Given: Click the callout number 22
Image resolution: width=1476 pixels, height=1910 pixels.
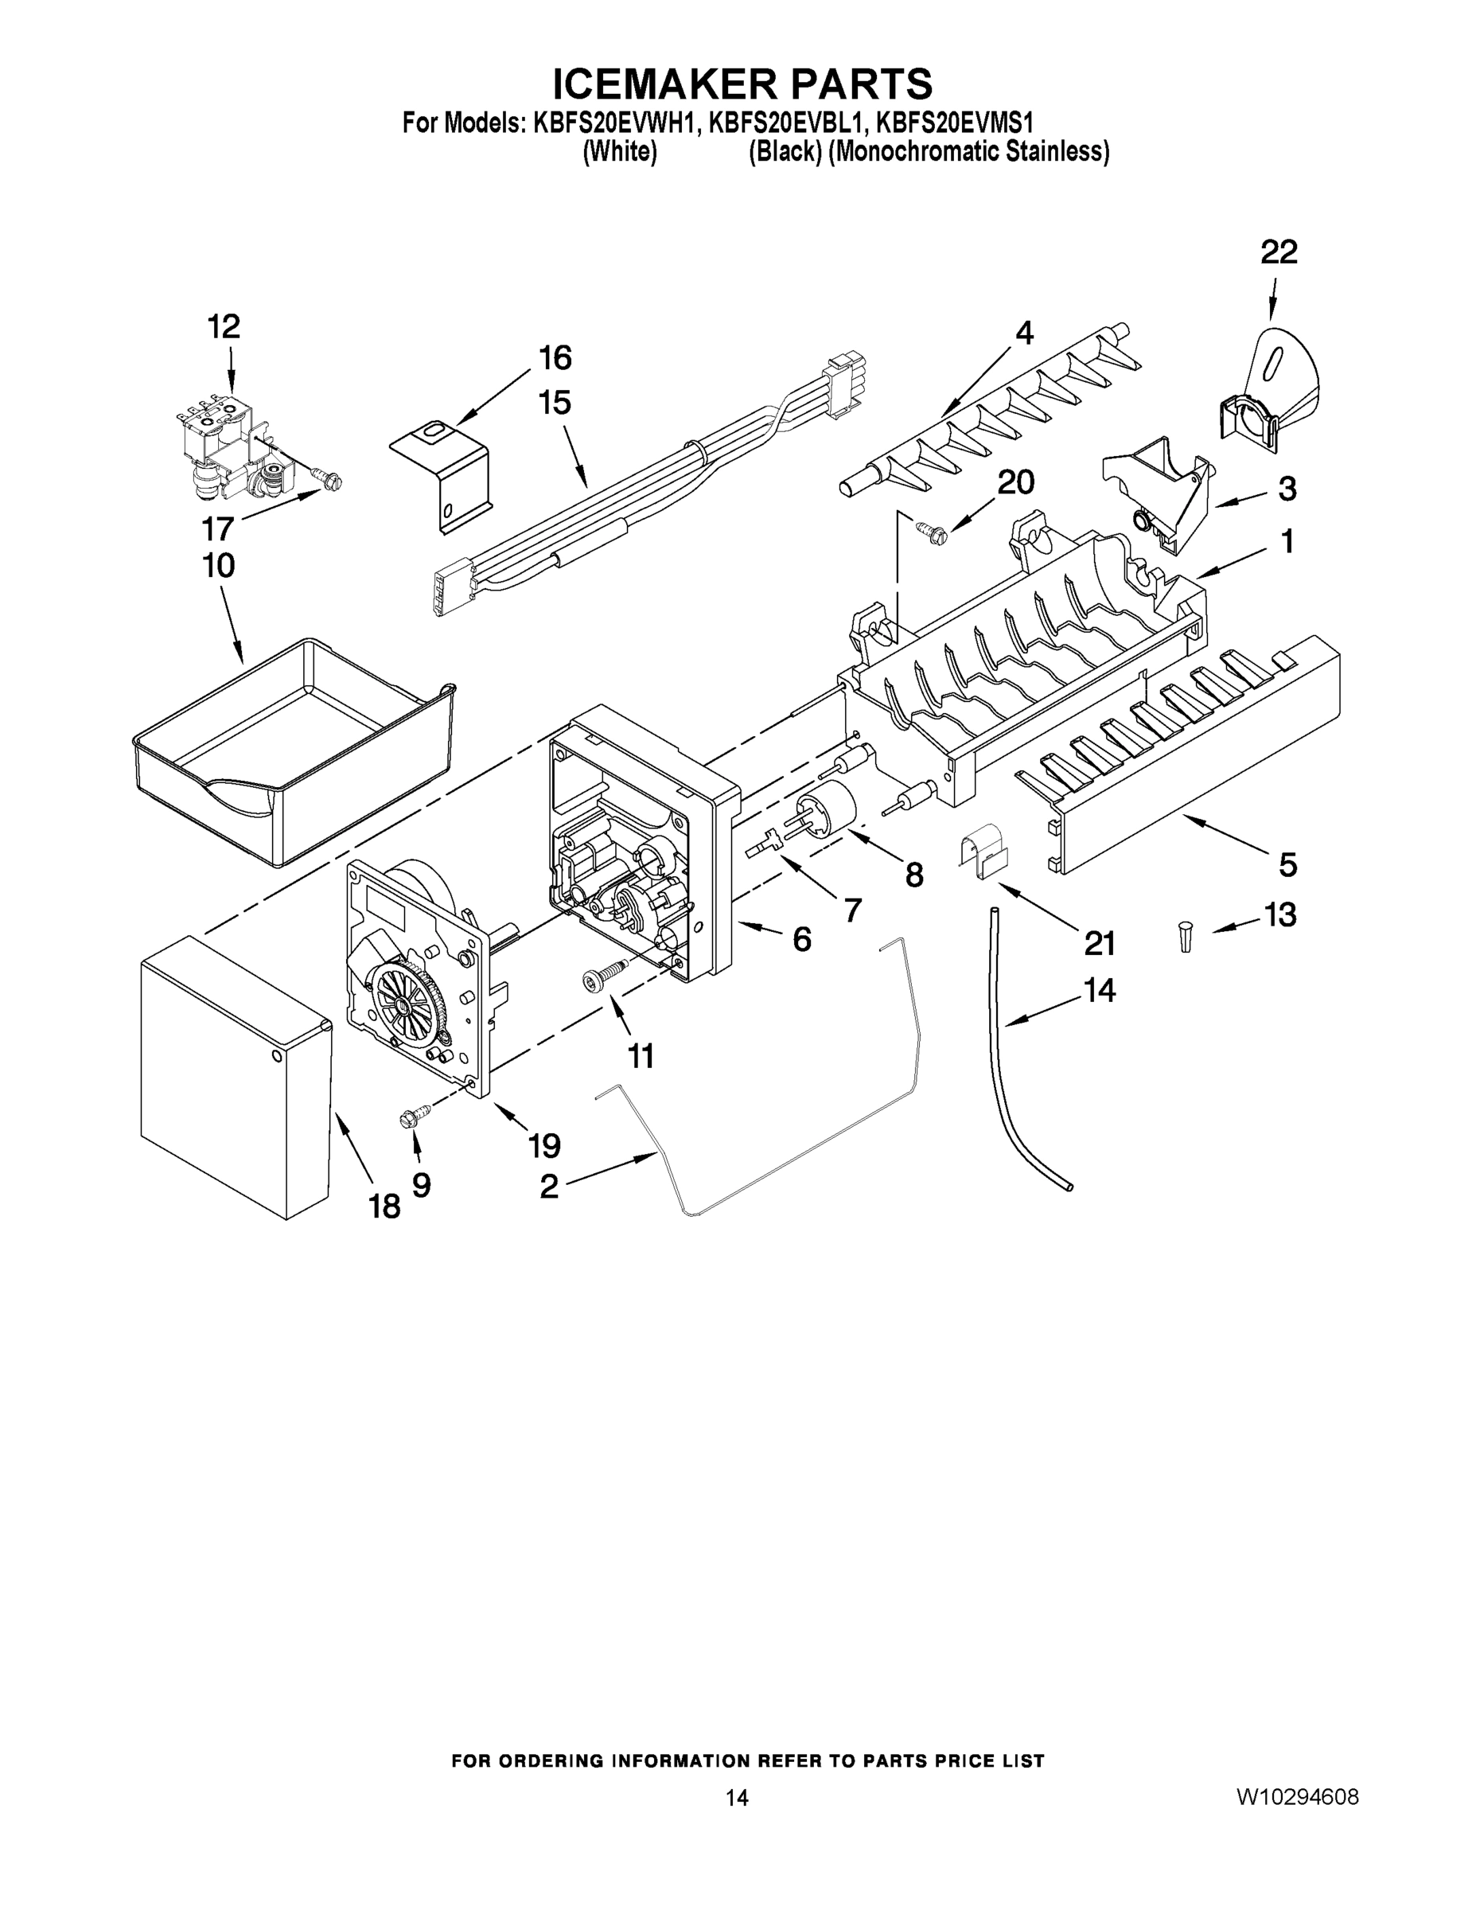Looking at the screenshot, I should [1278, 253].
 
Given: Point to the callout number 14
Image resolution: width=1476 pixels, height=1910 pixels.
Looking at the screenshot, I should [1099, 990].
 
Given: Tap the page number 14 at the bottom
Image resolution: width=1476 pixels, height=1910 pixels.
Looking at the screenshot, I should [736, 1798].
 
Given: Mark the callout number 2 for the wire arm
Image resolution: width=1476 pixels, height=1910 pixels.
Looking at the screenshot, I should [548, 1187].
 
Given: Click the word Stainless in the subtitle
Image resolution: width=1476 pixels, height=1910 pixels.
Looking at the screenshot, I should [1057, 152].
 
